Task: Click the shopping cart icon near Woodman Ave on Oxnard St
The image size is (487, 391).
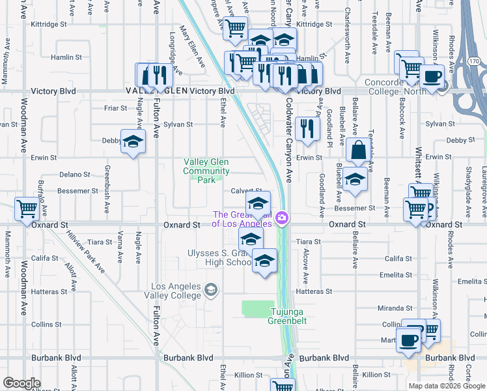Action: [27, 209]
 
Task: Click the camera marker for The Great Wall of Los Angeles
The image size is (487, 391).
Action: [282, 218]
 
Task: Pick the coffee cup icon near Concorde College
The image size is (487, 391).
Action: [432, 76]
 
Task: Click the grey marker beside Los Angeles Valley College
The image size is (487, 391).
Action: [211, 289]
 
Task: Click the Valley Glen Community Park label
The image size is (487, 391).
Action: [206, 166]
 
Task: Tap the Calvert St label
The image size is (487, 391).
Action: [246, 191]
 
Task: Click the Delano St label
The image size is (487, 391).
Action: [74, 175]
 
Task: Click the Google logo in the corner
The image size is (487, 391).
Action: [21, 383]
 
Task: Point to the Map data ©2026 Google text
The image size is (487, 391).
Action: [446, 386]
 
